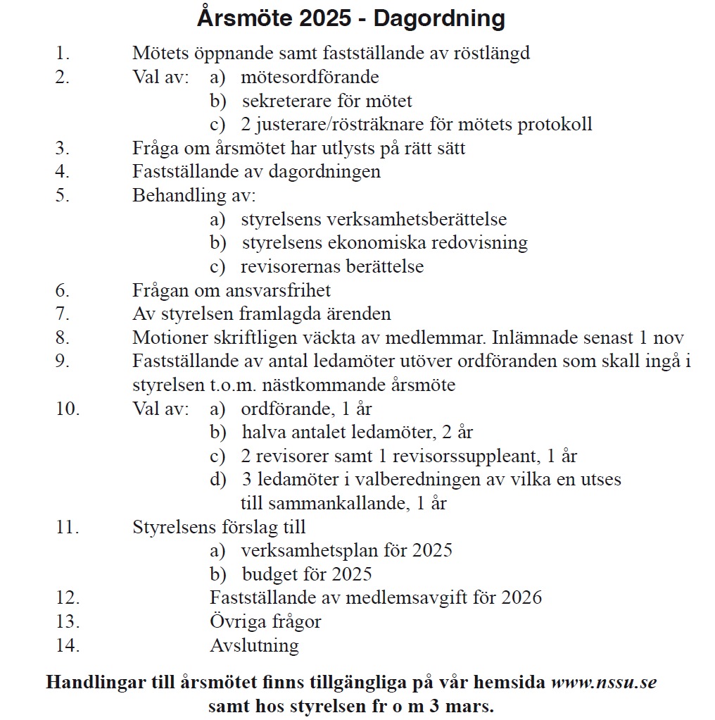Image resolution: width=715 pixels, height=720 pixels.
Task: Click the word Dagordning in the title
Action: (x=439, y=18)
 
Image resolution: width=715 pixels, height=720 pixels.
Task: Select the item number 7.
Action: (x=63, y=314)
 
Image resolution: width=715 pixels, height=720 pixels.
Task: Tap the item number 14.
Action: (x=68, y=645)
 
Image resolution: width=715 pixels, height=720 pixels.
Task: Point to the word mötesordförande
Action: (x=310, y=77)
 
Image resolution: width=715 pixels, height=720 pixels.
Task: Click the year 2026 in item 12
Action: (x=522, y=597)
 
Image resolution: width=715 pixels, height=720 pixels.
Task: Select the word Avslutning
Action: (x=254, y=645)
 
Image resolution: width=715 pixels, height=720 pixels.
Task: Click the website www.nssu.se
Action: (x=604, y=683)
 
